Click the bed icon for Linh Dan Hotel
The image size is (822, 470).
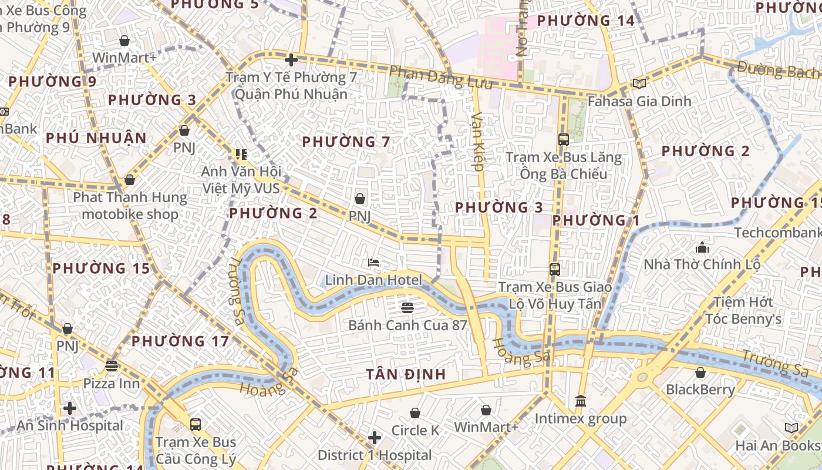[x=373, y=263]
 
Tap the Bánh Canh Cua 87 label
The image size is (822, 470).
[x=407, y=325]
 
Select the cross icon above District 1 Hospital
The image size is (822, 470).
[x=375, y=438]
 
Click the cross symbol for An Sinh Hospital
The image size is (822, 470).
[x=70, y=408]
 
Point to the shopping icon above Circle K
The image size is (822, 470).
[x=415, y=413]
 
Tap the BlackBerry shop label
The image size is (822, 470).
[x=700, y=390]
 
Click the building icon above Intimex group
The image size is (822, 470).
[x=581, y=401]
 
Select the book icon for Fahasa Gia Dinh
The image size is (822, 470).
[x=639, y=84]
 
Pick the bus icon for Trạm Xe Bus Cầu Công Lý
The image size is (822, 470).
[x=195, y=424]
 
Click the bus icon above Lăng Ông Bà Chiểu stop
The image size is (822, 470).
[x=564, y=140]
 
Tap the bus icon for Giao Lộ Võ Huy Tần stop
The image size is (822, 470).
[x=555, y=270]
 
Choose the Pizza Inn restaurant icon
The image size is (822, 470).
[x=112, y=366]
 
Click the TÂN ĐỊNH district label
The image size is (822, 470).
[x=406, y=374]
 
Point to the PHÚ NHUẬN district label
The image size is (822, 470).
[x=96, y=138]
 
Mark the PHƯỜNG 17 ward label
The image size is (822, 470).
[x=180, y=341]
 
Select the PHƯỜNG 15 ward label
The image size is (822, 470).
[x=101, y=268]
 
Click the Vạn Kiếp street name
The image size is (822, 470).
[x=478, y=141]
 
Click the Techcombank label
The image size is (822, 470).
[x=777, y=233]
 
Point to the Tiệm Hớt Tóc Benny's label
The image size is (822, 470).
[x=743, y=310]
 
